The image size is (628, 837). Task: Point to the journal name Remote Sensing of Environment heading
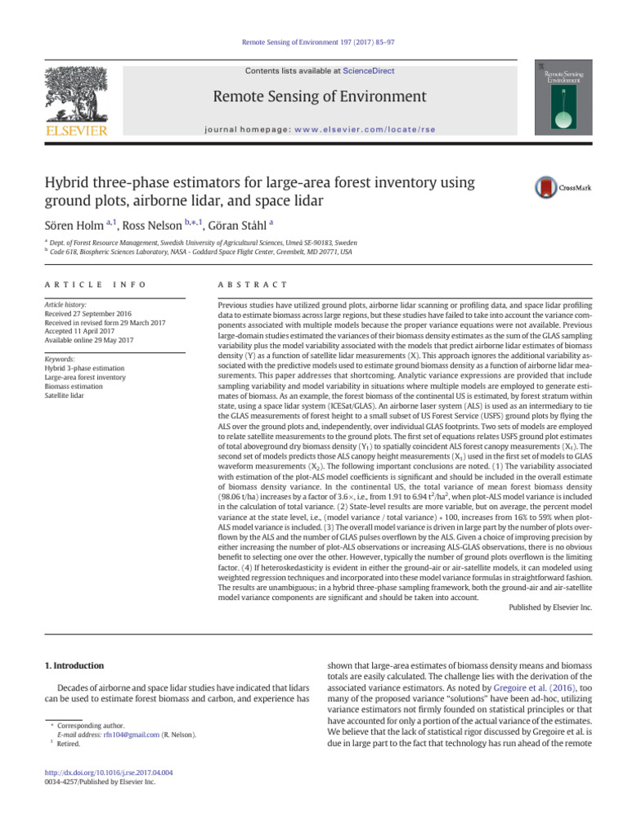320,97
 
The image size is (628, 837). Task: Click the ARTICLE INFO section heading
95,284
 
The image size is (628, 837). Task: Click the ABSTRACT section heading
249,284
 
